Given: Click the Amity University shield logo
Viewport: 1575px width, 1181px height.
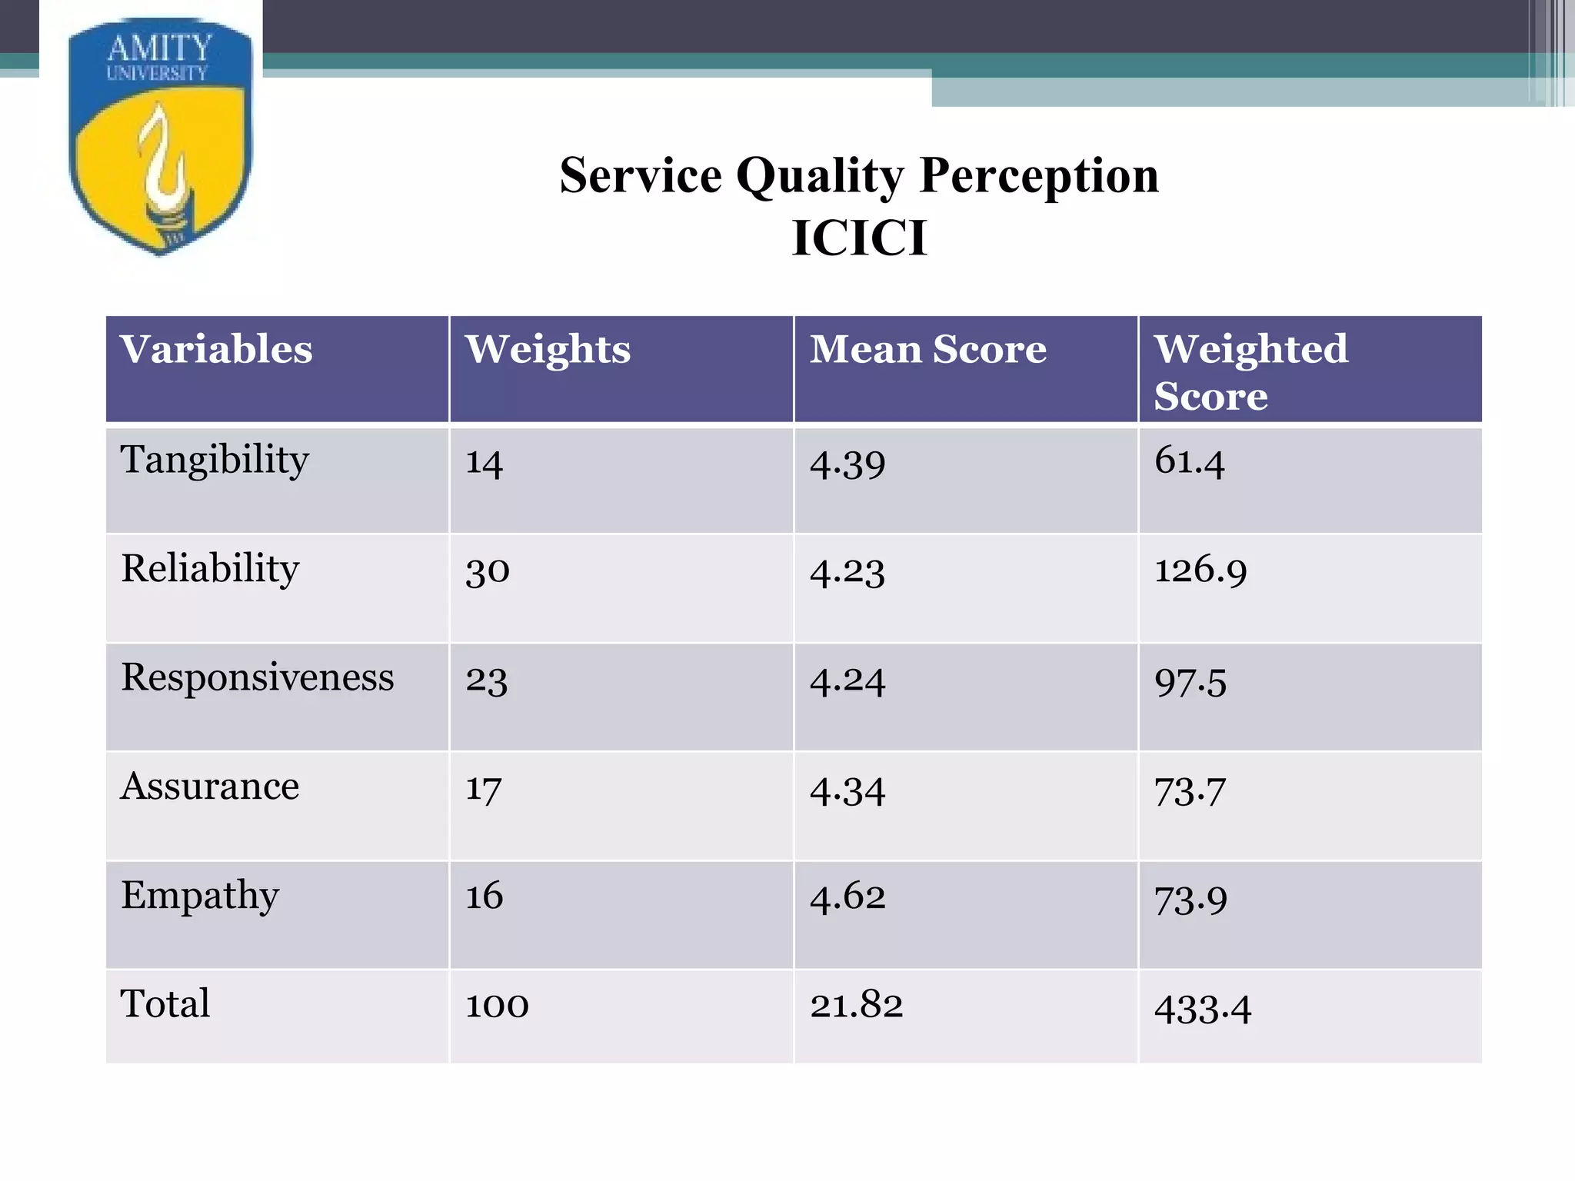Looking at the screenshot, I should point(160,137).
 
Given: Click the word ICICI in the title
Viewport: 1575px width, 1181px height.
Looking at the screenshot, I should point(859,238).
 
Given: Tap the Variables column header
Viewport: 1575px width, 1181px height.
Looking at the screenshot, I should point(216,349).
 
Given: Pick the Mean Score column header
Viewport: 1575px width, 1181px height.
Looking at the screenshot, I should point(927,349).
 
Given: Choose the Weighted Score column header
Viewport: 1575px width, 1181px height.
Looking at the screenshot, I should point(1250,371).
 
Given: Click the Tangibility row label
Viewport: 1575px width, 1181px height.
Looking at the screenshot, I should point(215,461).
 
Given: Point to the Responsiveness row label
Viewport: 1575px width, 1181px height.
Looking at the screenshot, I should point(258,678).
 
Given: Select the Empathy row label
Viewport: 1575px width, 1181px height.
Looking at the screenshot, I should point(200,896).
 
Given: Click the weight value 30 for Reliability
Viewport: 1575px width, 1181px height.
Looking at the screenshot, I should point(488,571).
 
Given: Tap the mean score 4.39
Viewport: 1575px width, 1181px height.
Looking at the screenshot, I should point(847,464).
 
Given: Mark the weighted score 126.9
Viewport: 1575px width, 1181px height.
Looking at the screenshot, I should point(1200,571).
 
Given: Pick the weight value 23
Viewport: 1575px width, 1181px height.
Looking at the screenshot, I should point(486,680).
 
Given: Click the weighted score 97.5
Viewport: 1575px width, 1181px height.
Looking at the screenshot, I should point(1190,682).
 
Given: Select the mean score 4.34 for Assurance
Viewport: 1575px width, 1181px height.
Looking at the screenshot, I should point(847,790).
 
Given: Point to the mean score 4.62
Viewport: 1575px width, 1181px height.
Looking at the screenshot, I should point(847,897).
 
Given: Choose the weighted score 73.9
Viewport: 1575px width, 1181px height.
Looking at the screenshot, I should point(1190,900).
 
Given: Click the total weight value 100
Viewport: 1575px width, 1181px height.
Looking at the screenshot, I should point(497,1005).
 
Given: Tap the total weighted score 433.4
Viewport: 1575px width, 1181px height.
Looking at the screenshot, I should point(1202,1008).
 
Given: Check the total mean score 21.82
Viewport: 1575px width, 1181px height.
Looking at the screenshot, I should point(856,1005).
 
